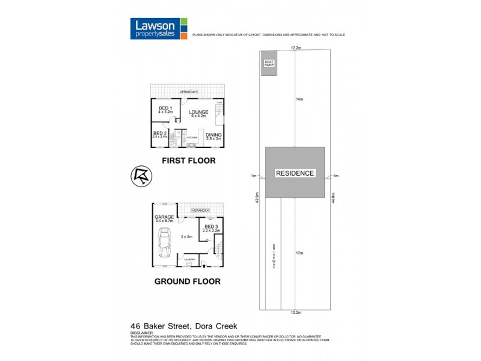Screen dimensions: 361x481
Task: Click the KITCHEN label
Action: [x=192, y=138]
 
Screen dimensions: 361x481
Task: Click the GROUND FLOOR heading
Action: [x=188, y=281]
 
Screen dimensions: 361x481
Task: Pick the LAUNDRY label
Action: [x=188, y=259]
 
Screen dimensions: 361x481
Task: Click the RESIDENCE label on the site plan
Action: [x=295, y=173]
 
